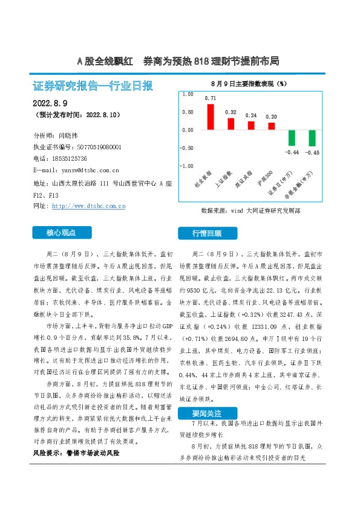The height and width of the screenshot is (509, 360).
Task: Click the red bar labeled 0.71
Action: (211, 117)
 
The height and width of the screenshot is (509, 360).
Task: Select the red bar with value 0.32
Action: (231, 123)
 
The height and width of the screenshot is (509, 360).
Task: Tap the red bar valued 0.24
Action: (251, 125)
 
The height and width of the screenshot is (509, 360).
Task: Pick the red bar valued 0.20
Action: (271, 126)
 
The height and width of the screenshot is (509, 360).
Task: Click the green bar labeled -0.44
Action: (292, 138)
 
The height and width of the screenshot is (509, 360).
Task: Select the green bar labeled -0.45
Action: (312, 138)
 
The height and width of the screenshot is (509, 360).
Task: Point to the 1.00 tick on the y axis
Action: (188, 94)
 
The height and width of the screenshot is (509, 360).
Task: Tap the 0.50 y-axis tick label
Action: (188, 112)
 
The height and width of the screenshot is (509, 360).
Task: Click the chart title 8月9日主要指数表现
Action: (248, 82)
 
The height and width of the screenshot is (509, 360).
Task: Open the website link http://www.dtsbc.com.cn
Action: (89, 206)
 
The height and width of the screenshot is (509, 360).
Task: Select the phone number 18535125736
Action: (74, 159)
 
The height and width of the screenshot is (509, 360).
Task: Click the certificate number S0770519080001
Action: (100, 147)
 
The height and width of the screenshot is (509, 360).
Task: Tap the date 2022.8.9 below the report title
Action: (49, 103)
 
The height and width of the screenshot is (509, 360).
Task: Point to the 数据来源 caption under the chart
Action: (250, 211)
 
